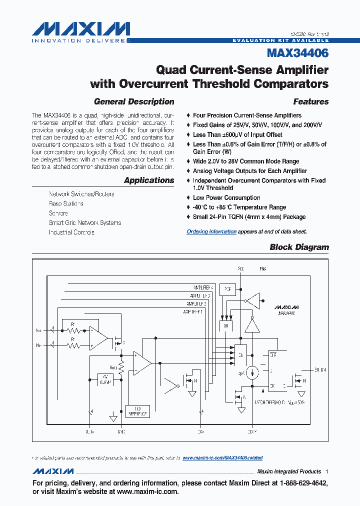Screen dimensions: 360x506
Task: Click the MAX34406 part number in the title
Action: [297, 52]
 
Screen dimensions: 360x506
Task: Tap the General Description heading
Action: [134, 101]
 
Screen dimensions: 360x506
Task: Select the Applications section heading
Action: [149, 180]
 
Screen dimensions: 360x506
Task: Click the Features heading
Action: [310, 101]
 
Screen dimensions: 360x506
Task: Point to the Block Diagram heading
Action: [299, 247]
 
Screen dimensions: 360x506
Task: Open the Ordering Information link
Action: [211, 231]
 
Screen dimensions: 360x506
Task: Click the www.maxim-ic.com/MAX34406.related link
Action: [222, 457]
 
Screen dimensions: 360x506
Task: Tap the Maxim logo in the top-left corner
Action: [80, 31]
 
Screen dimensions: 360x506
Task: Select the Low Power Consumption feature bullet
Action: [226, 197]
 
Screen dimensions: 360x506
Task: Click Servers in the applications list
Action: [58, 213]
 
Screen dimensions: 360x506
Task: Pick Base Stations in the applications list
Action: [66, 203]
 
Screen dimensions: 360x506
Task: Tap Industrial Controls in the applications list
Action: [71, 232]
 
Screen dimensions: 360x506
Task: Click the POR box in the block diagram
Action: [228, 288]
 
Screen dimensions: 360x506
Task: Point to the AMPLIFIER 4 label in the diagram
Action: [203, 288]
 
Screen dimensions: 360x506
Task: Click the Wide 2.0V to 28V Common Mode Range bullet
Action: [246, 161]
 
